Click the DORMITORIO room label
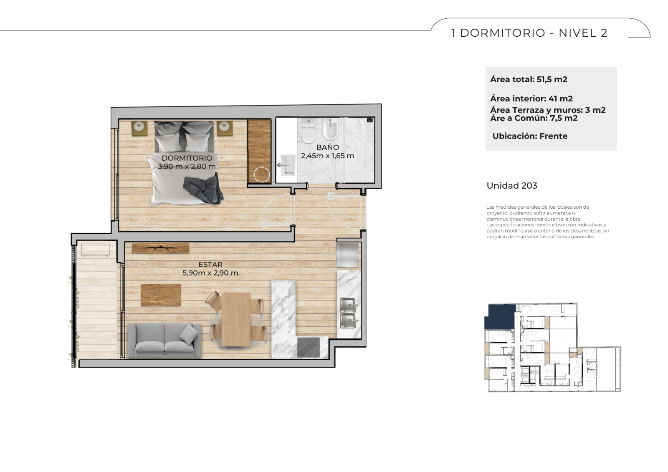tap(187, 158)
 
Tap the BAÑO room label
tap(327, 147)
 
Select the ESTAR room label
tap(210, 265)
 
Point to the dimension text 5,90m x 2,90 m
tap(210, 273)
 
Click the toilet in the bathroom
tap(309, 131)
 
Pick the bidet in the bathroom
tap(330, 130)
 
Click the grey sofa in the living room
tap(164, 341)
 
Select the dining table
tap(236, 319)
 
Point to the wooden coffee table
tap(161, 295)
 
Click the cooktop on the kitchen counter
tap(309, 347)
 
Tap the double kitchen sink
tap(348, 313)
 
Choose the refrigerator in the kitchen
tap(347, 255)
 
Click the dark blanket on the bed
tap(203, 189)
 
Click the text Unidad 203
tap(512, 186)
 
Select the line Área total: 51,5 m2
tap(529, 79)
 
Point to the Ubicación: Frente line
tap(530, 136)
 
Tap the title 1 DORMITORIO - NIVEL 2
tap(529, 33)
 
